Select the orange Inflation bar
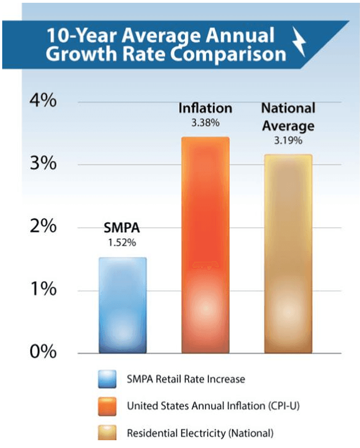(205, 245)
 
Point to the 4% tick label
(43, 102)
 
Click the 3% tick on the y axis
(43, 165)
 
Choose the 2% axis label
(43, 228)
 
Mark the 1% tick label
(43, 290)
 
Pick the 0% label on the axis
(43, 352)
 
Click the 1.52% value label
(122, 243)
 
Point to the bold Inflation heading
(205, 108)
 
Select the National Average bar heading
(288, 117)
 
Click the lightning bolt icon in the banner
(299, 45)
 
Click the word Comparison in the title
(227, 54)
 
